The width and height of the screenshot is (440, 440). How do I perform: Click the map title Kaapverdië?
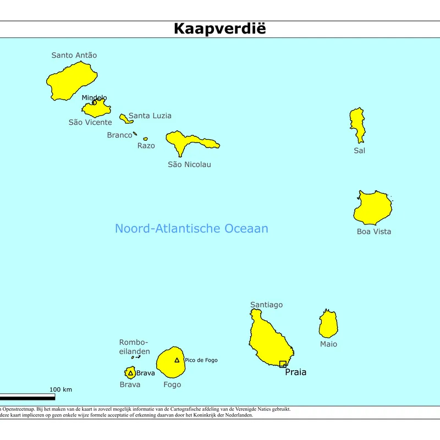(x=219, y=29)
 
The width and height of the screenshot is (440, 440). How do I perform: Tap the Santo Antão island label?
(x=74, y=55)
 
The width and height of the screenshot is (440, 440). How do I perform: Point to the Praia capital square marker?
(x=283, y=364)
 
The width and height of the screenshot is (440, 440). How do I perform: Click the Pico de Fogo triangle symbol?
(x=177, y=360)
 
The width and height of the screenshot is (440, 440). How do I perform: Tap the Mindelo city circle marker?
(x=94, y=102)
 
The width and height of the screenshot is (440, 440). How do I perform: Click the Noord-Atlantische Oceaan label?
(x=191, y=228)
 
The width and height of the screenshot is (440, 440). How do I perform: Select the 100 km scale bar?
(x=28, y=396)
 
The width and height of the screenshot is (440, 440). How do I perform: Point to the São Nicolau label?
(x=189, y=164)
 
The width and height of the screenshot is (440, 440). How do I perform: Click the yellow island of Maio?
(x=328, y=324)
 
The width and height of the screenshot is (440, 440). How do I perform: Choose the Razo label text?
(x=146, y=146)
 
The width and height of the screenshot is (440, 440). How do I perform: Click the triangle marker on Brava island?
(x=130, y=373)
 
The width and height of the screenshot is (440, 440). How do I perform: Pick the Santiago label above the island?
(x=266, y=305)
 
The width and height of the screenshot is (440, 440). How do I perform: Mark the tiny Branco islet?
(x=135, y=133)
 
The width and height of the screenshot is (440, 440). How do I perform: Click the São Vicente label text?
(x=90, y=122)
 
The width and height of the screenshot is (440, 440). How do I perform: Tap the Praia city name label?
(x=295, y=372)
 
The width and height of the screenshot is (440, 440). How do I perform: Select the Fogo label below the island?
(x=172, y=384)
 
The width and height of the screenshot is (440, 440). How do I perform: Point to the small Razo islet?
(x=145, y=139)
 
